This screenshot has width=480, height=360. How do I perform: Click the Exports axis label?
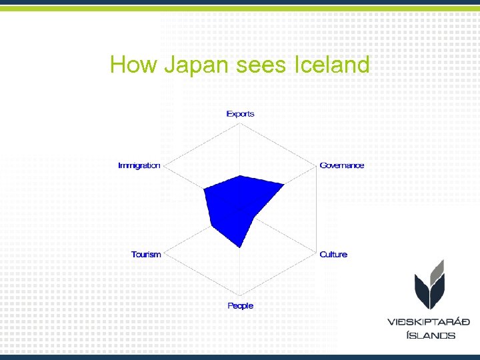coord(240,114)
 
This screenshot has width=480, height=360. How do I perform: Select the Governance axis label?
coord(341,165)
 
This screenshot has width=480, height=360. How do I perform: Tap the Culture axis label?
coord(333,255)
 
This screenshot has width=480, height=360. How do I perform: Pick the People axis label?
coord(240,306)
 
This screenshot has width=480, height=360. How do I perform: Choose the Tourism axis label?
coord(146,255)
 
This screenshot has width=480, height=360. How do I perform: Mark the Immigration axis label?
coord(139,165)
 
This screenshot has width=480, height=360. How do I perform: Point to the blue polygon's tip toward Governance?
coord(284,184)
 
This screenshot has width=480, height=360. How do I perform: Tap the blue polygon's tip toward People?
coord(240,247)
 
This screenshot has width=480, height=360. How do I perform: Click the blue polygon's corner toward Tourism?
coord(211,226)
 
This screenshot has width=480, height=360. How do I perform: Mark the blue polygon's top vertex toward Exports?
coord(240,175)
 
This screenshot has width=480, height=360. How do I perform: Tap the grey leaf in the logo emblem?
coord(437,269)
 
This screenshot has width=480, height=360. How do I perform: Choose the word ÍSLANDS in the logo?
coord(431,335)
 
